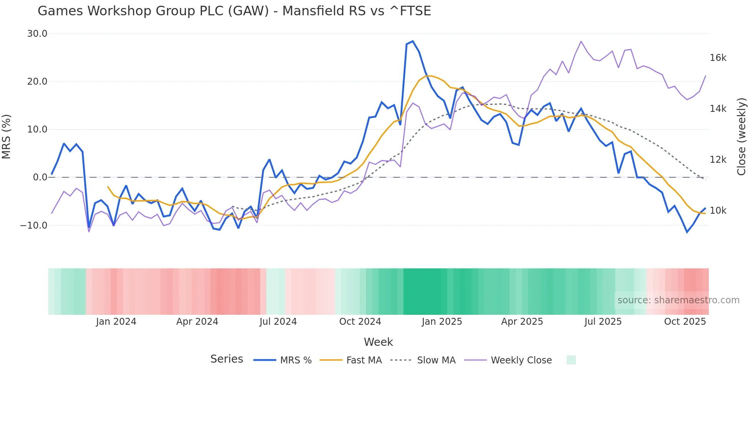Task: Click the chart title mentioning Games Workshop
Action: tap(234, 11)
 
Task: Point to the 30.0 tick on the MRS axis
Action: tap(37, 34)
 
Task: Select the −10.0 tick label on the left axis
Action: tap(34, 225)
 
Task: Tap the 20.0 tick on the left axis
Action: tap(37, 82)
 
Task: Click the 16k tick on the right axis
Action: tap(718, 58)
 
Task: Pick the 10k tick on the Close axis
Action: tap(718, 211)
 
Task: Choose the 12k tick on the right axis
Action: tap(718, 160)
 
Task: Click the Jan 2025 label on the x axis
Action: tap(442, 322)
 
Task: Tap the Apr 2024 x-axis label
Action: tap(197, 322)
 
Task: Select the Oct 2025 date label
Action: tap(685, 322)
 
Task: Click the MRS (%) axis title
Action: tap(7, 136)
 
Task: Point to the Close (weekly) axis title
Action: tap(742, 136)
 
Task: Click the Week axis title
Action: tap(378, 342)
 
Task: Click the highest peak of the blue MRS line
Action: tap(413, 41)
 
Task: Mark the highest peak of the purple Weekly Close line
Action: tap(581, 41)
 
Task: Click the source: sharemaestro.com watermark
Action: tap(678, 300)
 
